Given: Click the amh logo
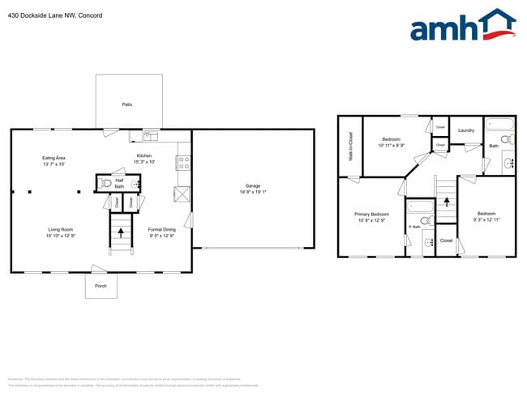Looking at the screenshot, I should (x=461, y=26).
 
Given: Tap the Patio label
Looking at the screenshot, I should (x=127, y=105).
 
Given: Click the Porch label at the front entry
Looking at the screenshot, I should (x=101, y=285).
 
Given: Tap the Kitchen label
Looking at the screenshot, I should (x=144, y=155).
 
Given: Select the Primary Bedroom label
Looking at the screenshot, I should (x=372, y=214).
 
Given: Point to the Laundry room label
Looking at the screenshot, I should (x=465, y=130).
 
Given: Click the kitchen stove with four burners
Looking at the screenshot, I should (x=183, y=162).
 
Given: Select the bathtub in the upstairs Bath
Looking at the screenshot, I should (x=499, y=124).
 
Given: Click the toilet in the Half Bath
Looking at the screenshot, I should (x=104, y=184).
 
